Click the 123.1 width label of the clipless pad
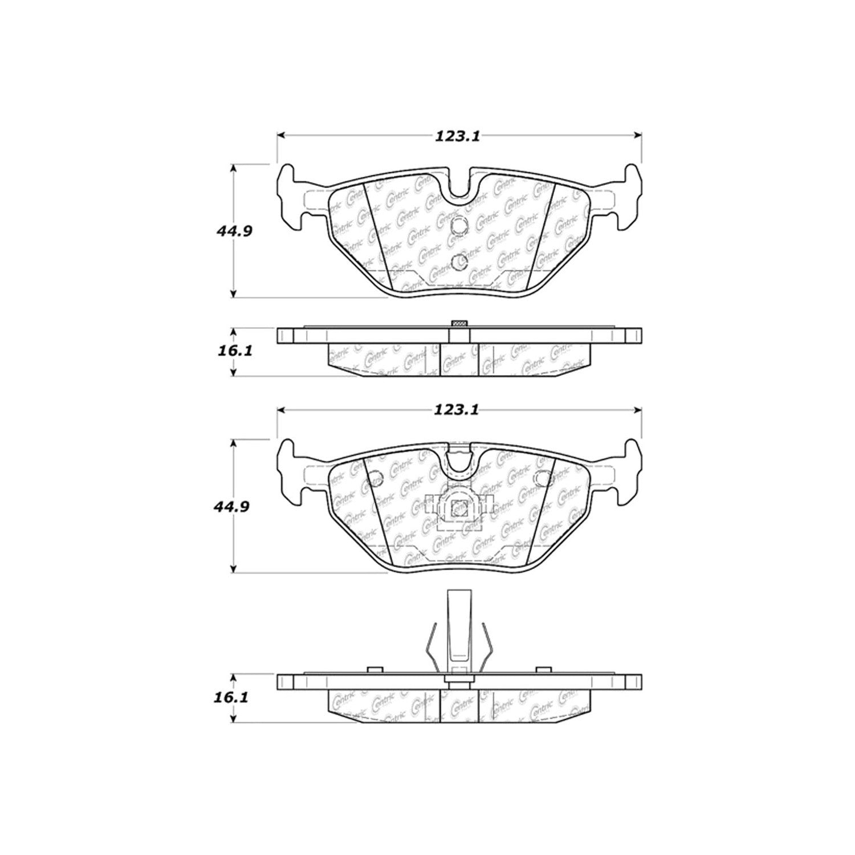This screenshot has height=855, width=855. click(459, 136)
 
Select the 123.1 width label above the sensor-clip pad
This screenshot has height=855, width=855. click(459, 409)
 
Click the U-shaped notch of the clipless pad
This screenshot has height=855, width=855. click(459, 188)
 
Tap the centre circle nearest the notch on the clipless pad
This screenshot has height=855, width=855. click(459, 227)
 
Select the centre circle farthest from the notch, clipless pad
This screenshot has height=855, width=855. click(459, 262)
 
